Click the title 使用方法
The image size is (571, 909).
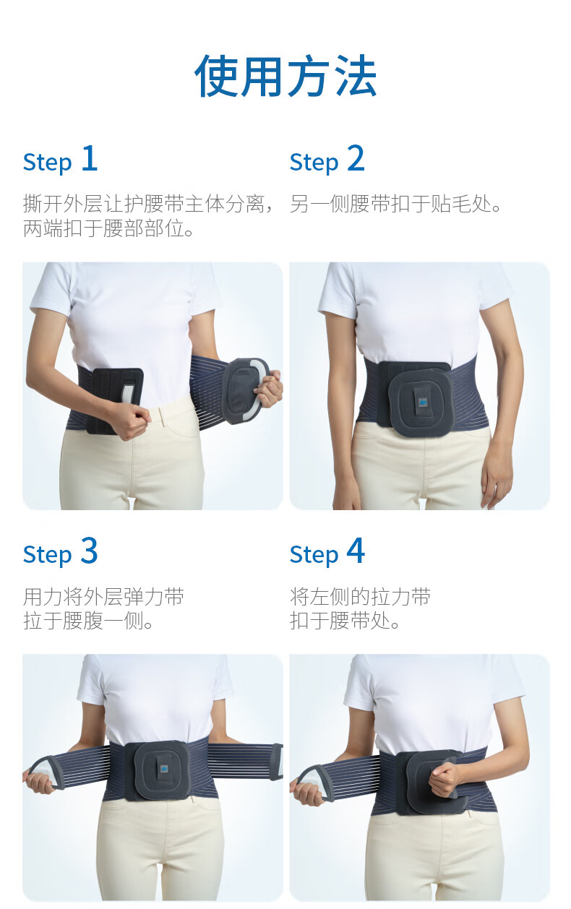pos(285,76)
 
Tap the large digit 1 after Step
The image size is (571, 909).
pos(90,158)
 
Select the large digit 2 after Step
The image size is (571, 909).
pos(356,158)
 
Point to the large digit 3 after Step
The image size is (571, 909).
pos(90,551)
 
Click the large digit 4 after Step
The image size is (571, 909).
pos(356,551)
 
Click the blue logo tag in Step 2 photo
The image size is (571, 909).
pos(423,403)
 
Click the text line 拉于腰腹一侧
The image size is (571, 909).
pos(88,621)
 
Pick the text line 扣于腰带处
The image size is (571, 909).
pos(345,621)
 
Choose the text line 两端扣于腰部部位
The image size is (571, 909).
pos(108,228)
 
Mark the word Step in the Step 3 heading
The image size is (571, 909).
pos(48,555)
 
